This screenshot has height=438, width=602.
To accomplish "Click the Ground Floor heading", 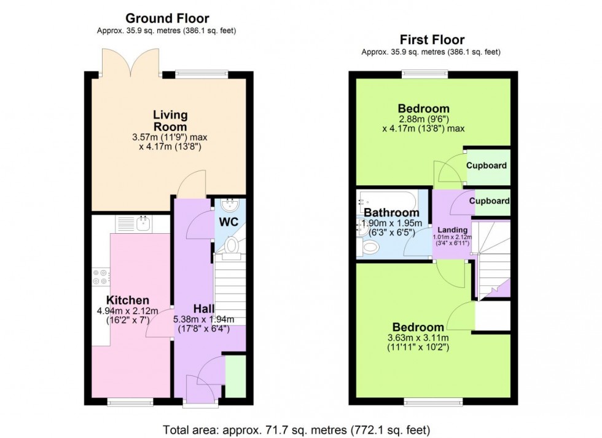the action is point(167,18).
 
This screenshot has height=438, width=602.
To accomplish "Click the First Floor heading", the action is point(432,39).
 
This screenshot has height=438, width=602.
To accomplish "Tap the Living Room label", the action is point(170,121).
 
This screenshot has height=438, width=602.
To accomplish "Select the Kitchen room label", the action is point(128,300).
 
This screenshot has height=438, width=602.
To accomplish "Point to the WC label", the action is point(229,222).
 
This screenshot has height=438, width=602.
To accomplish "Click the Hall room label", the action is point(203,308).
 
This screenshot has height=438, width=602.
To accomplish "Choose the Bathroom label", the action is point(391,212).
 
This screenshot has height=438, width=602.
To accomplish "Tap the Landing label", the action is point(452,230).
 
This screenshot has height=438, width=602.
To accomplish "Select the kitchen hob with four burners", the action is point(101,276).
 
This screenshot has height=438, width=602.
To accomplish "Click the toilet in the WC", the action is point(231,245).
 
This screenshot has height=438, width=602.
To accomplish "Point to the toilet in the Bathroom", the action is point(368,247).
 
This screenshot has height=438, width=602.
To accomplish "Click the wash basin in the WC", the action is point(230,205).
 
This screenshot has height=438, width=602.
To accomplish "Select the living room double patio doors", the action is point(130,62).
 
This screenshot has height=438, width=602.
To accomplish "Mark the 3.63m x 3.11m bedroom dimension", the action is point(418,343).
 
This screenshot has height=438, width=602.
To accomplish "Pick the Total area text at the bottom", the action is point(296,429).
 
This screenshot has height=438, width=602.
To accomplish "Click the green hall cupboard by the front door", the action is point(235,376).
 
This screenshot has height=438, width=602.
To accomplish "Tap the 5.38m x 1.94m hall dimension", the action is point(203,324).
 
